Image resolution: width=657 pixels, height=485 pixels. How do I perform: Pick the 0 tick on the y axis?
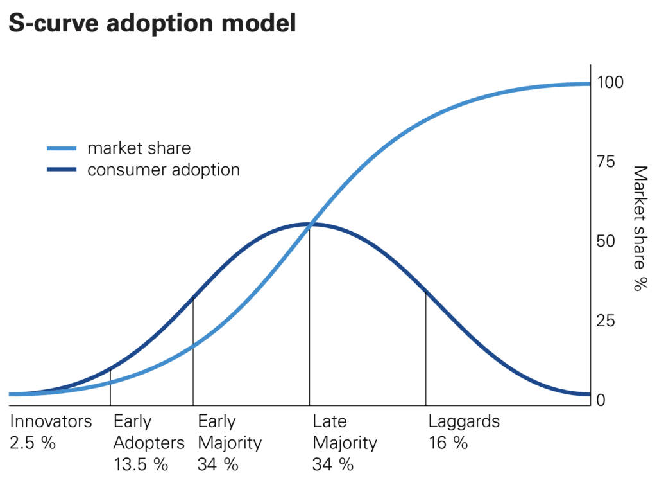coord(601,400)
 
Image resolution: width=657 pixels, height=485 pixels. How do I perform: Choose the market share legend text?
coord(139,148)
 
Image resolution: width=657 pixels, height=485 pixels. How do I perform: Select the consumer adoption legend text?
coord(164,170)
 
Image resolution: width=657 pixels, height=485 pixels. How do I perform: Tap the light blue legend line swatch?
coord(62,148)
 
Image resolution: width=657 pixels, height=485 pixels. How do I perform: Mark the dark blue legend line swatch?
coord(62,170)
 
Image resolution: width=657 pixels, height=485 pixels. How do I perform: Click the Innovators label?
coord(51,422)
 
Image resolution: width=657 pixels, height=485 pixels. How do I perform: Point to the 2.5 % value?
coord(33,443)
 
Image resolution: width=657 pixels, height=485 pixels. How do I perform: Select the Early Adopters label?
coord(149,432)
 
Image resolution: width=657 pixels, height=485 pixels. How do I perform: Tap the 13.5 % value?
coord(141,464)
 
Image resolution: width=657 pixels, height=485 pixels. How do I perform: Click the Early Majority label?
coord(229,432)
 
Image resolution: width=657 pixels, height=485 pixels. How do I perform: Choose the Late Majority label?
coord(345,432)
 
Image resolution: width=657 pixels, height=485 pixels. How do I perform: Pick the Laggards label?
coord(464,422)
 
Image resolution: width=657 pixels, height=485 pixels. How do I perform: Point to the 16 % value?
coord(448,443)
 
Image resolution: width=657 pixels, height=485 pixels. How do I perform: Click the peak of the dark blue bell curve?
coord(310,224)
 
